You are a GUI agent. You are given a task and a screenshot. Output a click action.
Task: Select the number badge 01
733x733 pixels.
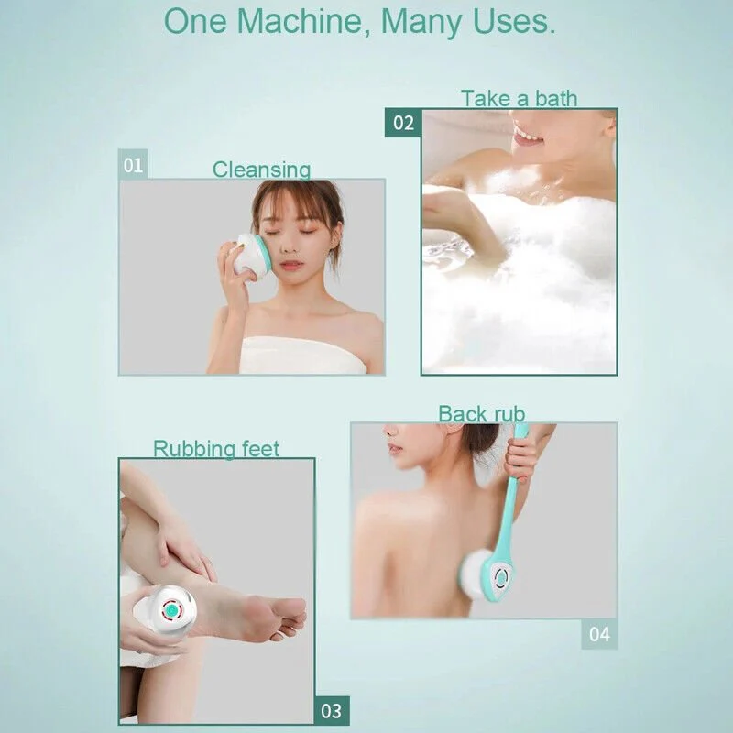134,165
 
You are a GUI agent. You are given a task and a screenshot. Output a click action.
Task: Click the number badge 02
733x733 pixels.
403,123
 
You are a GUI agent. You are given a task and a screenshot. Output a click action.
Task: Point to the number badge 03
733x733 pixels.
331,710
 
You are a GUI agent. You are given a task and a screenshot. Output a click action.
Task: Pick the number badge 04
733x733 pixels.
598,634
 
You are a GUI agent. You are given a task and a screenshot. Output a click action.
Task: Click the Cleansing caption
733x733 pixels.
261,170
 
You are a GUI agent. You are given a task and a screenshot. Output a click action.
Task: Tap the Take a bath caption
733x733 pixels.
519,98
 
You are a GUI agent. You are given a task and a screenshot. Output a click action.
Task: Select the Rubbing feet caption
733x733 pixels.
216,449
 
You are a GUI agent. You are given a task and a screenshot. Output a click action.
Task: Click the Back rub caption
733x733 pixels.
481,414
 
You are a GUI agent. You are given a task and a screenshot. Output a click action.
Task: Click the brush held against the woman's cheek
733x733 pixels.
248,254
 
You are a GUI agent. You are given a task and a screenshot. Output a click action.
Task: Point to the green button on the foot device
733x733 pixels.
170,609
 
